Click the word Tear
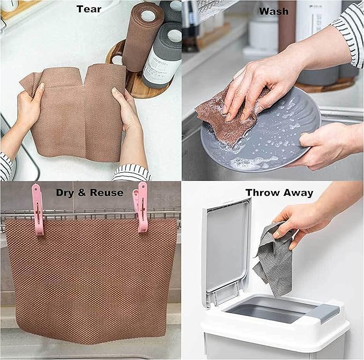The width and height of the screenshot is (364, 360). coord(89,9)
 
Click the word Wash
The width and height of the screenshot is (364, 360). coord(274,11)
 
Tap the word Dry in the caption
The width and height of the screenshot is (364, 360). coord(64,193)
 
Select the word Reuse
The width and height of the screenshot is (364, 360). coord(107,193)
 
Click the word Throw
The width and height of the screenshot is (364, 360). coord(263,193)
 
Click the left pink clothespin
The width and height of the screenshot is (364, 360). coord(38,209)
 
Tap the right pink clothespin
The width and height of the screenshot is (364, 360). coord(140,208)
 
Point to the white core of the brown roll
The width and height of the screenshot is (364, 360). coord(148,14)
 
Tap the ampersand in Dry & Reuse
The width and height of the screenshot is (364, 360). coord(81,193)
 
